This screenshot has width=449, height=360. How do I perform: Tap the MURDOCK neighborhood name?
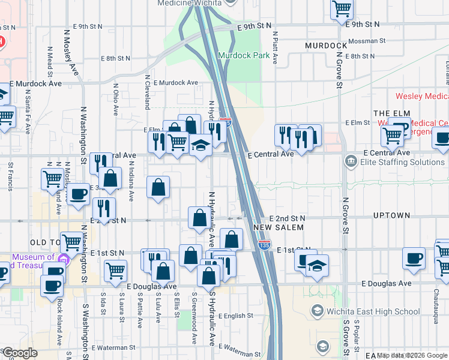click(326, 46)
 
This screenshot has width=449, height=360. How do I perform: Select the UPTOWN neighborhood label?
click(391, 215)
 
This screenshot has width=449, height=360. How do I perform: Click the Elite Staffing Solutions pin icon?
click(351, 162)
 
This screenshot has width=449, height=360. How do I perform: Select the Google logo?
click(19, 353)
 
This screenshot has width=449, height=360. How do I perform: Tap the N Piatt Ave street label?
click(276, 48)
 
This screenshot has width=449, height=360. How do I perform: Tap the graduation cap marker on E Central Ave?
click(200, 146)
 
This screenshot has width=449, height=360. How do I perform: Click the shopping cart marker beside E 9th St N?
click(342, 8)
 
